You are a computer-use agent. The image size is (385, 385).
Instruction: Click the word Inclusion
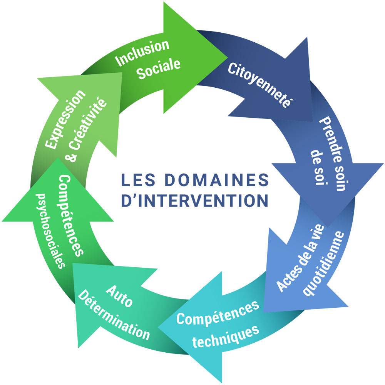pos(142,52)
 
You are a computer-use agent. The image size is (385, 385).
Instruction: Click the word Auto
pos(119,296)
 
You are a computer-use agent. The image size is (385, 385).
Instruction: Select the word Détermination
pos(114,317)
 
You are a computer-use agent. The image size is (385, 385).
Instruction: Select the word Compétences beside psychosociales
pos(71,215)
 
